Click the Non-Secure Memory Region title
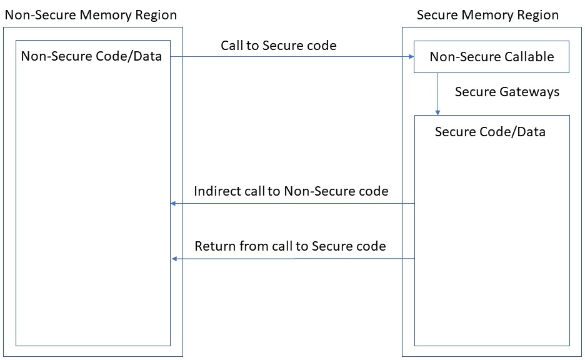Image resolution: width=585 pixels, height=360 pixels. [x=91, y=14]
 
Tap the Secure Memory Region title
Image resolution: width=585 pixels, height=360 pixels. [x=487, y=14]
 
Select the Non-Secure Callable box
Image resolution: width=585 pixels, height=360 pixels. [x=491, y=57]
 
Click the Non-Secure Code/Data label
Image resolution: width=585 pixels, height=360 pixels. [x=91, y=56]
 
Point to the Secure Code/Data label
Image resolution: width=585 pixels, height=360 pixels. [x=490, y=131]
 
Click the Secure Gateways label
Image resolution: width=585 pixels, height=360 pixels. [x=507, y=92]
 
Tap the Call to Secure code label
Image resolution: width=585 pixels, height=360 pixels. [x=278, y=45]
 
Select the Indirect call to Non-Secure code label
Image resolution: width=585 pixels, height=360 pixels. [x=291, y=191]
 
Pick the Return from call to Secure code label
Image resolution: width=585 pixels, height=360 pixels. [x=290, y=246]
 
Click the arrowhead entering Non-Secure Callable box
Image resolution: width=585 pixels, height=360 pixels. [x=411, y=56]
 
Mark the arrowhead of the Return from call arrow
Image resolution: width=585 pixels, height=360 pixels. [x=175, y=258]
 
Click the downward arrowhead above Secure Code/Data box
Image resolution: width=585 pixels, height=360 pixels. [x=437, y=112]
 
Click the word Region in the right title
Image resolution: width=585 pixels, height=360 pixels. [x=538, y=14]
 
